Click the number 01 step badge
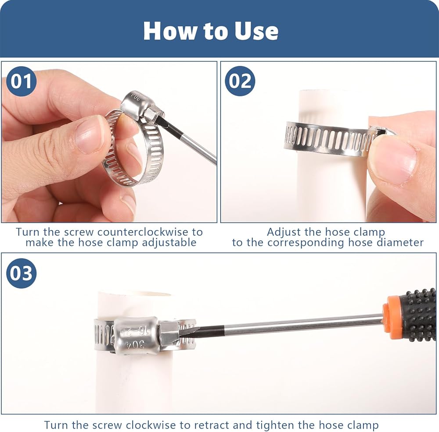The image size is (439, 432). (21, 81)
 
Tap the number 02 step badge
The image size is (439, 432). (240, 81)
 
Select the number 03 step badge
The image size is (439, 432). (21, 273)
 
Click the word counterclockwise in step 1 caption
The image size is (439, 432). (143, 232)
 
